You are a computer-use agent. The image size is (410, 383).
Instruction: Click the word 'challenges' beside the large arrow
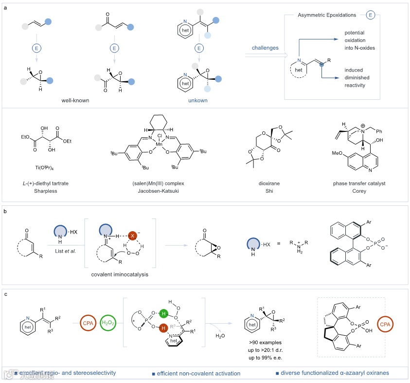pyautogui.click(x=265, y=48)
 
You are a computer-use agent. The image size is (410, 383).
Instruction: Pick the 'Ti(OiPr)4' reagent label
pyautogui.click(x=47, y=165)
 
